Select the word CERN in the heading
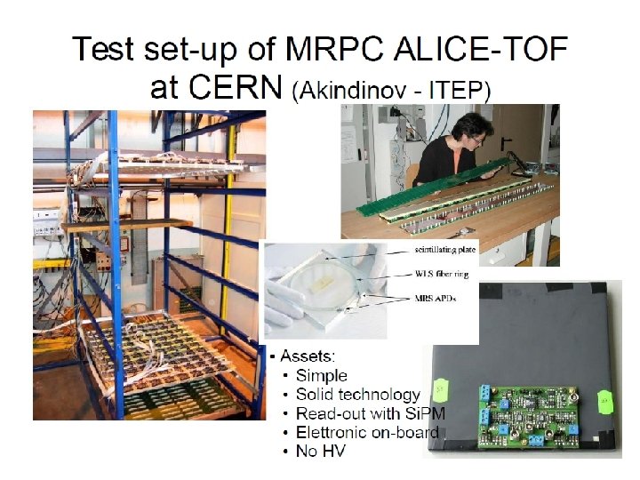click(x=235, y=88)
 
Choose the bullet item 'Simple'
click(x=321, y=375)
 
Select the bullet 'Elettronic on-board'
click(x=367, y=432)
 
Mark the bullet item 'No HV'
click(x=320, y=452)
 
